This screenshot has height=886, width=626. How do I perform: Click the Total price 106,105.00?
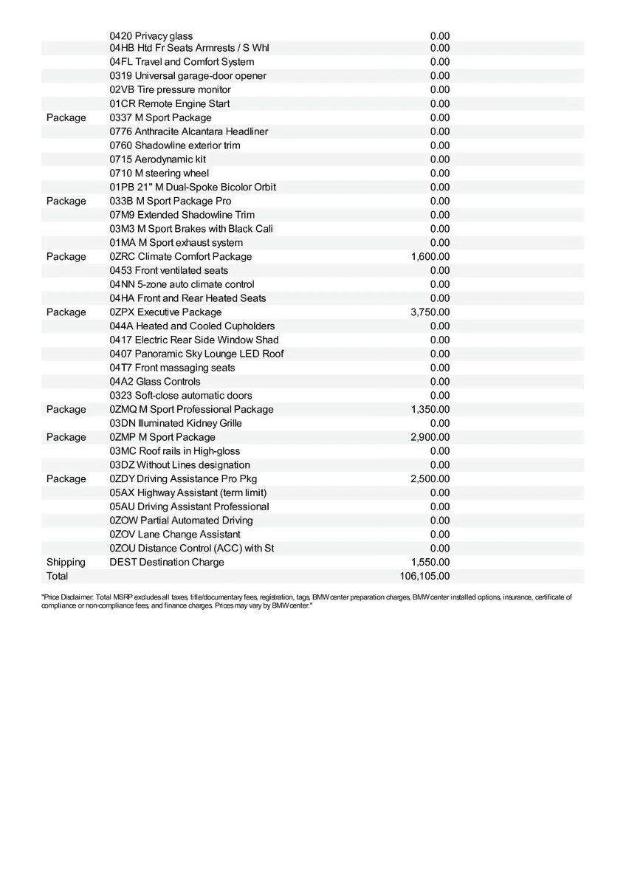click(424, 576)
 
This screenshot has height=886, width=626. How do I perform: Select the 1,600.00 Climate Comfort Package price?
click(430, 257)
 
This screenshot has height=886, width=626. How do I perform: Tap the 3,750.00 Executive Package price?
click(430, 312)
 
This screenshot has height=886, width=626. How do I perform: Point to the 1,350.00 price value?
click(430, 410)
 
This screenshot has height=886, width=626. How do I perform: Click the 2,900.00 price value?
click(430, 437)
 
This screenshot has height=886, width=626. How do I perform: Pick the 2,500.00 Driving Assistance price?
click(430, 479)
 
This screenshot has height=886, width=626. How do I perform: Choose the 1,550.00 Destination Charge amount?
click(430, 563)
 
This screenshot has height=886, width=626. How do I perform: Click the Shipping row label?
click(66, 563)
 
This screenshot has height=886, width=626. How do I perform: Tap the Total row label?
click(57, 576)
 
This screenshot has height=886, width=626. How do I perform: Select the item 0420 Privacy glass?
click(151, 36)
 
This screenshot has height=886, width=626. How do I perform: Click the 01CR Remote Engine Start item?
click(169, 104)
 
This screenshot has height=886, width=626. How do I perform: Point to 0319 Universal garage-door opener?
click(188, 76)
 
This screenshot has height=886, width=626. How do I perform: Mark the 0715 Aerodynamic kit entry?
click(157, 159)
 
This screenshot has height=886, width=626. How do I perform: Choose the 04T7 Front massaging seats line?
click(172, 368)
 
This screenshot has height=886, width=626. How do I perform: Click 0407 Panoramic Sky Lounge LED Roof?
click(196, 354)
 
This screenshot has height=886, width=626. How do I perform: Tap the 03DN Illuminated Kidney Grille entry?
click(175, 424)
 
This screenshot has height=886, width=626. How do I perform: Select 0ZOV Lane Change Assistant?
click(174, 535)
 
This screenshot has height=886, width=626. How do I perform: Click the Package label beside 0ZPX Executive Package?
click(66, 312)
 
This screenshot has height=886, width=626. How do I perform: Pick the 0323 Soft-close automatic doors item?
click(180, 396)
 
